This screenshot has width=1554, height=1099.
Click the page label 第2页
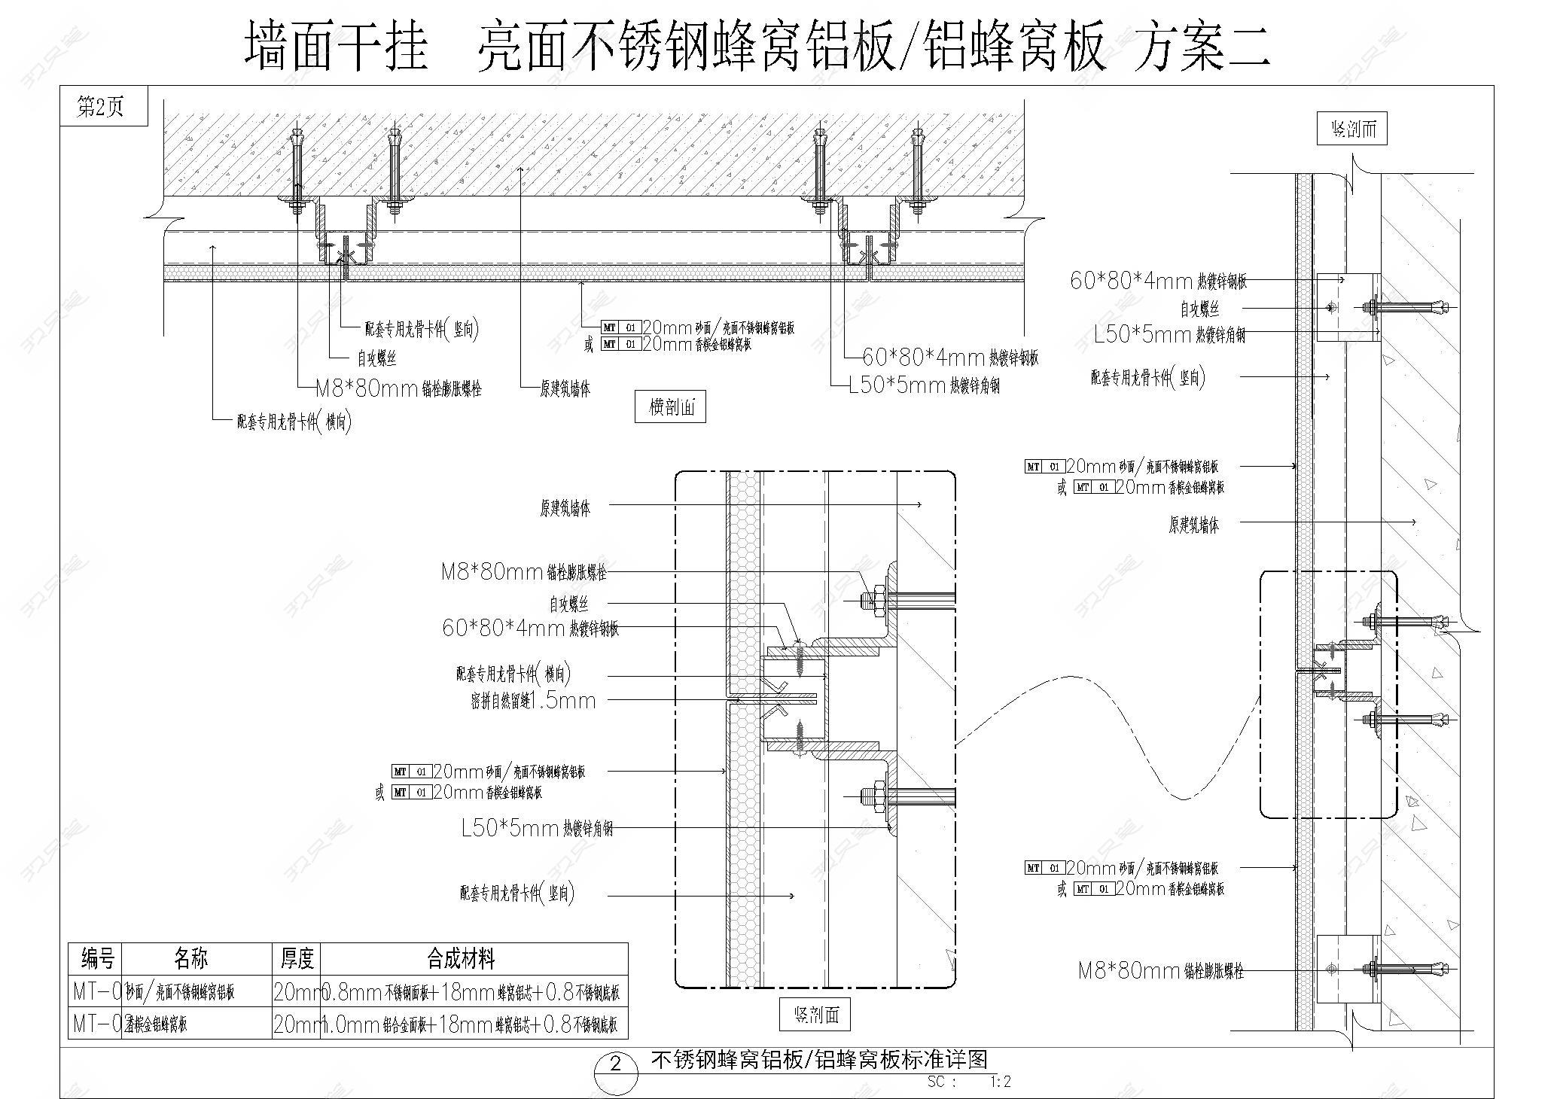100,108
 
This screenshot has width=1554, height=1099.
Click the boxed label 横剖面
669,407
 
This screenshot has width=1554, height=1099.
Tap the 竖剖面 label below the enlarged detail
815,1015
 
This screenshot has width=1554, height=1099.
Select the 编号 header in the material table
96,959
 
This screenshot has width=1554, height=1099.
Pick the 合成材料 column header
461,959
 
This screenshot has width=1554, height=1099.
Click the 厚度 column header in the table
296,959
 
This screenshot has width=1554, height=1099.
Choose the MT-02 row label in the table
96,1024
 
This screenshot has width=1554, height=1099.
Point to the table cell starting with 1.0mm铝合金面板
472,1024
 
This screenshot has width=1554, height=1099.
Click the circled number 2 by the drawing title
616,1064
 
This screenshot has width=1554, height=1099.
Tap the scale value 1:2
1001,1082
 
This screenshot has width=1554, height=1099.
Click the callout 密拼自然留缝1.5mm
533,702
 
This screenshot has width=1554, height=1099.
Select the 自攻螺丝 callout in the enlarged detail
568,604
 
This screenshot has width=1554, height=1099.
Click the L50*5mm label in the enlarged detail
537,830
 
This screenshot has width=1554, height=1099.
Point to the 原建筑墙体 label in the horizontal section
565,389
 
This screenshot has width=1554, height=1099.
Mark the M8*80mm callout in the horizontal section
398,389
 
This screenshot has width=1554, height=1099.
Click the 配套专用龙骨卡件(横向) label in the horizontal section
294,422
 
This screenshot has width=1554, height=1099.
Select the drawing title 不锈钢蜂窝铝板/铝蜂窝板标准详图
818,1060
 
